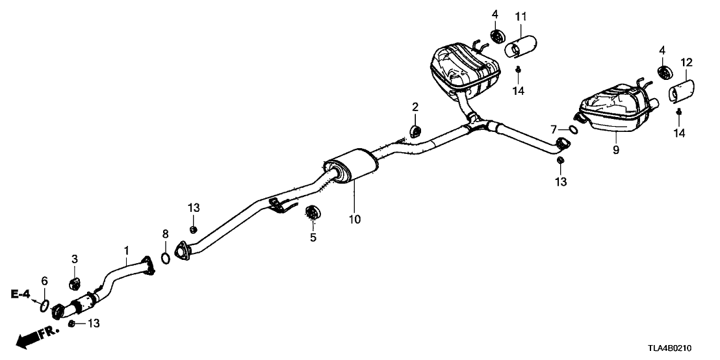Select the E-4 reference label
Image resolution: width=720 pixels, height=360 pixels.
20,295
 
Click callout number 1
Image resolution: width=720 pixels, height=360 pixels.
127,250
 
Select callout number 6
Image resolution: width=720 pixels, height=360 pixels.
44,281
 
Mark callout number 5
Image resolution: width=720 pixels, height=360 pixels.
313,238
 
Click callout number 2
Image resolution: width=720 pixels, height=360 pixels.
415,107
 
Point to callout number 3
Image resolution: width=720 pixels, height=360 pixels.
75,259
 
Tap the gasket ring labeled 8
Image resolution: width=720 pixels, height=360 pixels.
166,259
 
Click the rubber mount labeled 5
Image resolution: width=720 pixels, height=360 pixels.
313,212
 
